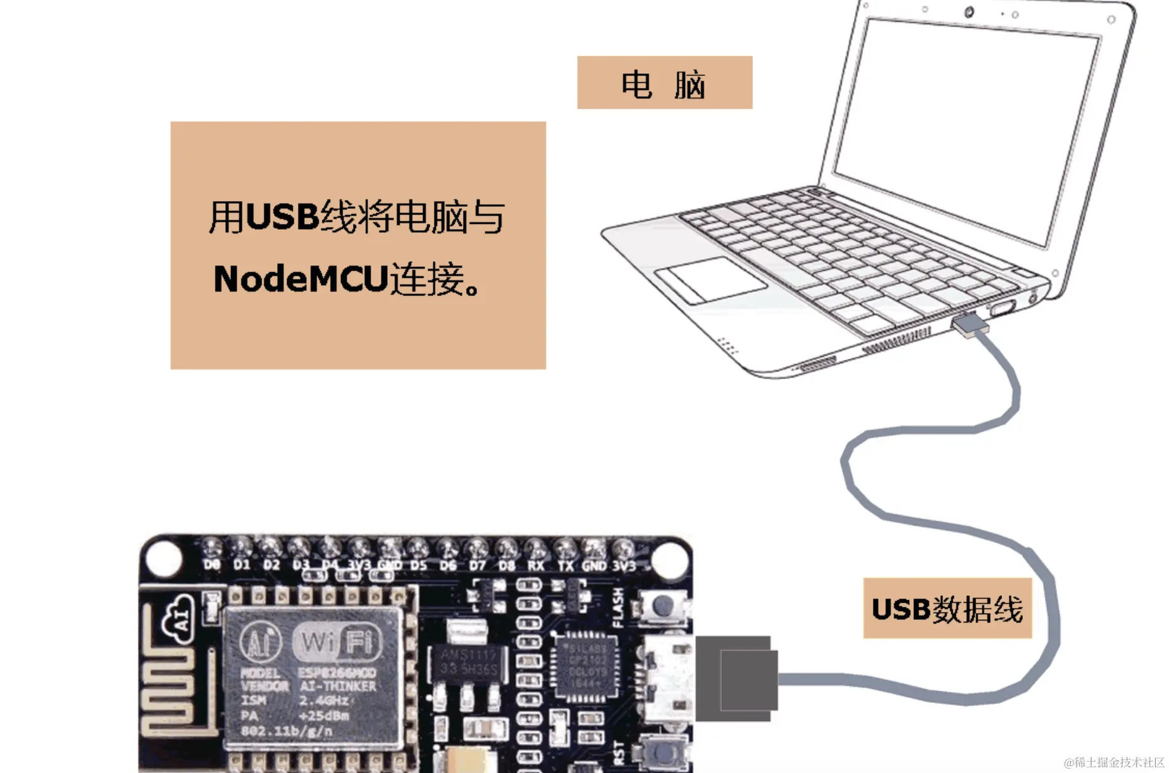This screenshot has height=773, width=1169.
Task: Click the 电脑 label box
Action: point(664,83)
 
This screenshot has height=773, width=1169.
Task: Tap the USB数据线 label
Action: point(947,609)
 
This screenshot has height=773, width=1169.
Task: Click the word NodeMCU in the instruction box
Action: point(300,279)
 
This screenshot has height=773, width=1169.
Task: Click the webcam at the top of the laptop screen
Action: point(968,12)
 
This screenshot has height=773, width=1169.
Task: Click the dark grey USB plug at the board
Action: point(737,679)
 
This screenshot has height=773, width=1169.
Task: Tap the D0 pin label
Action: point(212,564)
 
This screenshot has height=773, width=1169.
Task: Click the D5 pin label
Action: point(418,565)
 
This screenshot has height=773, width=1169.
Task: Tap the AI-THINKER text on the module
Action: point(337,686)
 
